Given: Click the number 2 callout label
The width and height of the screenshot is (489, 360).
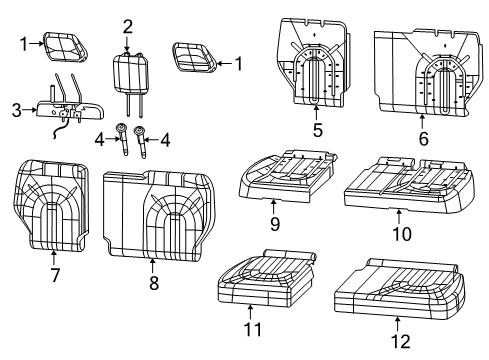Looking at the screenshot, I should pyautogui.click(x=127, y=26).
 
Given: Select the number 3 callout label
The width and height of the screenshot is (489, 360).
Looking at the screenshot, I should pyautogui.click(x=15, y=108).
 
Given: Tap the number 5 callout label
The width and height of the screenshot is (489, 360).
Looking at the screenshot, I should pyautogui.click(x=316, y=128).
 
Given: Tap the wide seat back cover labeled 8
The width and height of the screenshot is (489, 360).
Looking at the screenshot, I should pyautogui.click(x=158, y=212).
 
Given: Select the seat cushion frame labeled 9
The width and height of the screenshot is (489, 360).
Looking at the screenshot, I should pyautogui.click(x=285, y=172).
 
